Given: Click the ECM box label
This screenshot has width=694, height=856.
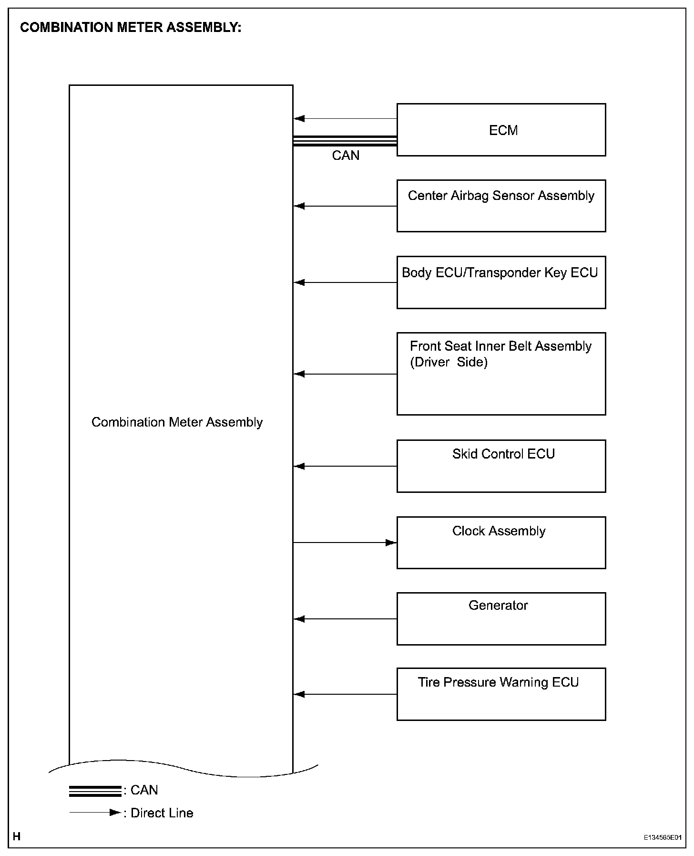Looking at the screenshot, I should [503, 130].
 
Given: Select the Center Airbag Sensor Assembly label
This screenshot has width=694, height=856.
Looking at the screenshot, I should [501, 196].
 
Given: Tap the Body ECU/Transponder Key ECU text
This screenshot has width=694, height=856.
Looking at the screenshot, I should [500, 272].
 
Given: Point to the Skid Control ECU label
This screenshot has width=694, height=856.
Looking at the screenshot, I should [503, 454].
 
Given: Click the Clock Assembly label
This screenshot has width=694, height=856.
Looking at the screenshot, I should [499, 531].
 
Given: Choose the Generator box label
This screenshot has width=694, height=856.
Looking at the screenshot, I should [498, 605].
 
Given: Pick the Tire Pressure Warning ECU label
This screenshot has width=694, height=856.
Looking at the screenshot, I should [498, 682].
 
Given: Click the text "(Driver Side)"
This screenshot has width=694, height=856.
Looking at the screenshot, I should [449, 362].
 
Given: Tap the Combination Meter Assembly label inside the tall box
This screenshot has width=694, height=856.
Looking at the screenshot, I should [177, 422].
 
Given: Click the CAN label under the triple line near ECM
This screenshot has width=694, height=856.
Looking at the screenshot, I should [346, 156].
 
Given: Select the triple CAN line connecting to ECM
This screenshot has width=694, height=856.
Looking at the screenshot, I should [345, 141].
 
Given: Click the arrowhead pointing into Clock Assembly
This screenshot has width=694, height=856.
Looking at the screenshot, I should [391, 543].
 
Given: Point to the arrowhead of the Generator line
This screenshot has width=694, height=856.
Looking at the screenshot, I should [300, 619].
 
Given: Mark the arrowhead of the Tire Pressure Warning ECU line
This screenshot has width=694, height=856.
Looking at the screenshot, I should [300, 694].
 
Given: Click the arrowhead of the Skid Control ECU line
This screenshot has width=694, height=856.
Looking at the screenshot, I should [300, 466].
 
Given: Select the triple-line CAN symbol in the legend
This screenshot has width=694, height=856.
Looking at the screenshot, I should [95, 791].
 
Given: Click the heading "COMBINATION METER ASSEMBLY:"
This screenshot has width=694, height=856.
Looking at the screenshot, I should [131, 28].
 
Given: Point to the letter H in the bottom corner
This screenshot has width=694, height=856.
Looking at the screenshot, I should [17, 836].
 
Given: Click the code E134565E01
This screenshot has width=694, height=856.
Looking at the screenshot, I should [663, 837].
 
